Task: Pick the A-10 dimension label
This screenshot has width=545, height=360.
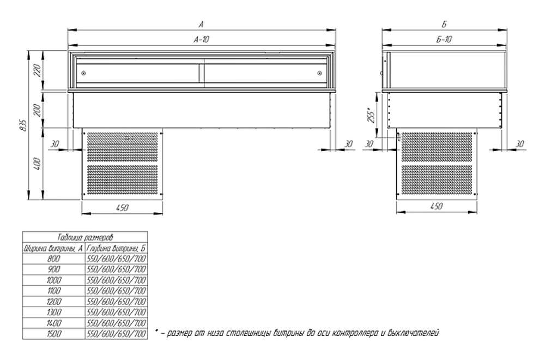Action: click(x=201, y=39)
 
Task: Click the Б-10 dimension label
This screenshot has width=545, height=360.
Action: click(x=444, y=39)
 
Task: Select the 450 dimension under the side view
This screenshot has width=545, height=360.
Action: click(x=437, y=207)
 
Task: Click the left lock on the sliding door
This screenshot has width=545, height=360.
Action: click(x=83, y=73)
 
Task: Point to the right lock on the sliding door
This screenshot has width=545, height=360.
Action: click(x=319, y=73)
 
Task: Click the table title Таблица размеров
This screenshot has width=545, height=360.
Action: click(x=85, y=238)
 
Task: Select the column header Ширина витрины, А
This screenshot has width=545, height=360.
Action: click(x=53, y=248)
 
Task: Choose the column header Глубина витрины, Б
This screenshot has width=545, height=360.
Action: click(x=117, y=248)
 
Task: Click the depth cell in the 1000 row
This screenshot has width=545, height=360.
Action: click(x=117, y=280)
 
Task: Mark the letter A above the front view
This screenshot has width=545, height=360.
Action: click(x=201, y=25)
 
